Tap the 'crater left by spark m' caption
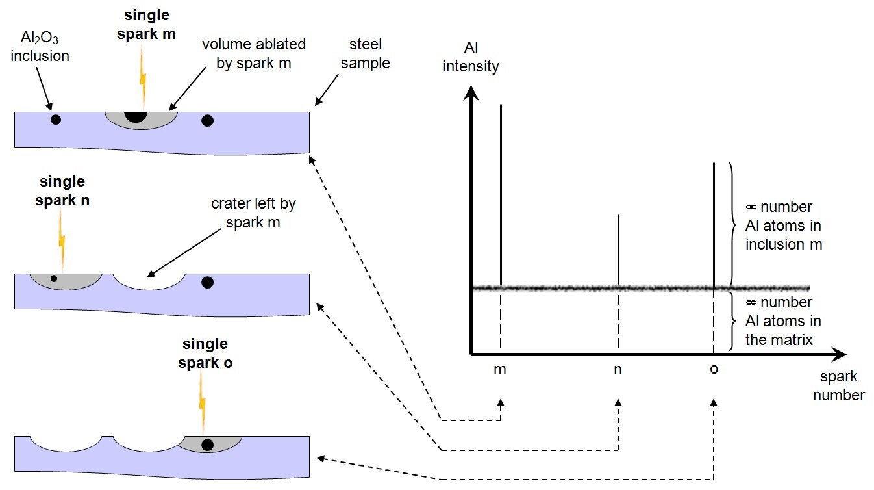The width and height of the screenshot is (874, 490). tap(253, 213)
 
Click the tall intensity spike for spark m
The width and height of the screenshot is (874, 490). tap(501, 195)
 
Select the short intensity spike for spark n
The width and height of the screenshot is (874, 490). tap(618, 250)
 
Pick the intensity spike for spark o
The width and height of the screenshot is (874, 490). tap(714, 224)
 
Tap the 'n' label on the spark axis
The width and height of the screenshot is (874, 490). tap(618, 369)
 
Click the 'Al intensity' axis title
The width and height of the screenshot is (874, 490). tap(471, 57)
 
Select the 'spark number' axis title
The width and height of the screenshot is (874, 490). tap(838, 385)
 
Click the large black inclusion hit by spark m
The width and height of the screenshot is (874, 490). tap(136, 116)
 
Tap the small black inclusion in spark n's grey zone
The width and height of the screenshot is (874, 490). tap(54, 279)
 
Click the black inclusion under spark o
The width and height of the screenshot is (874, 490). tap(208, 445)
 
